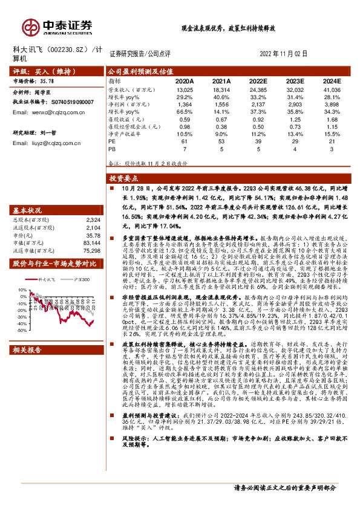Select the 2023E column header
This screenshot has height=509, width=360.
[294, 80]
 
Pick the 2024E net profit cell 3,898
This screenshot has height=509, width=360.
[332, 105]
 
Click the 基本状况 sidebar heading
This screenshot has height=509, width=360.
[27, 210]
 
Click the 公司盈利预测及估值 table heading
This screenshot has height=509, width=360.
[140, 71]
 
